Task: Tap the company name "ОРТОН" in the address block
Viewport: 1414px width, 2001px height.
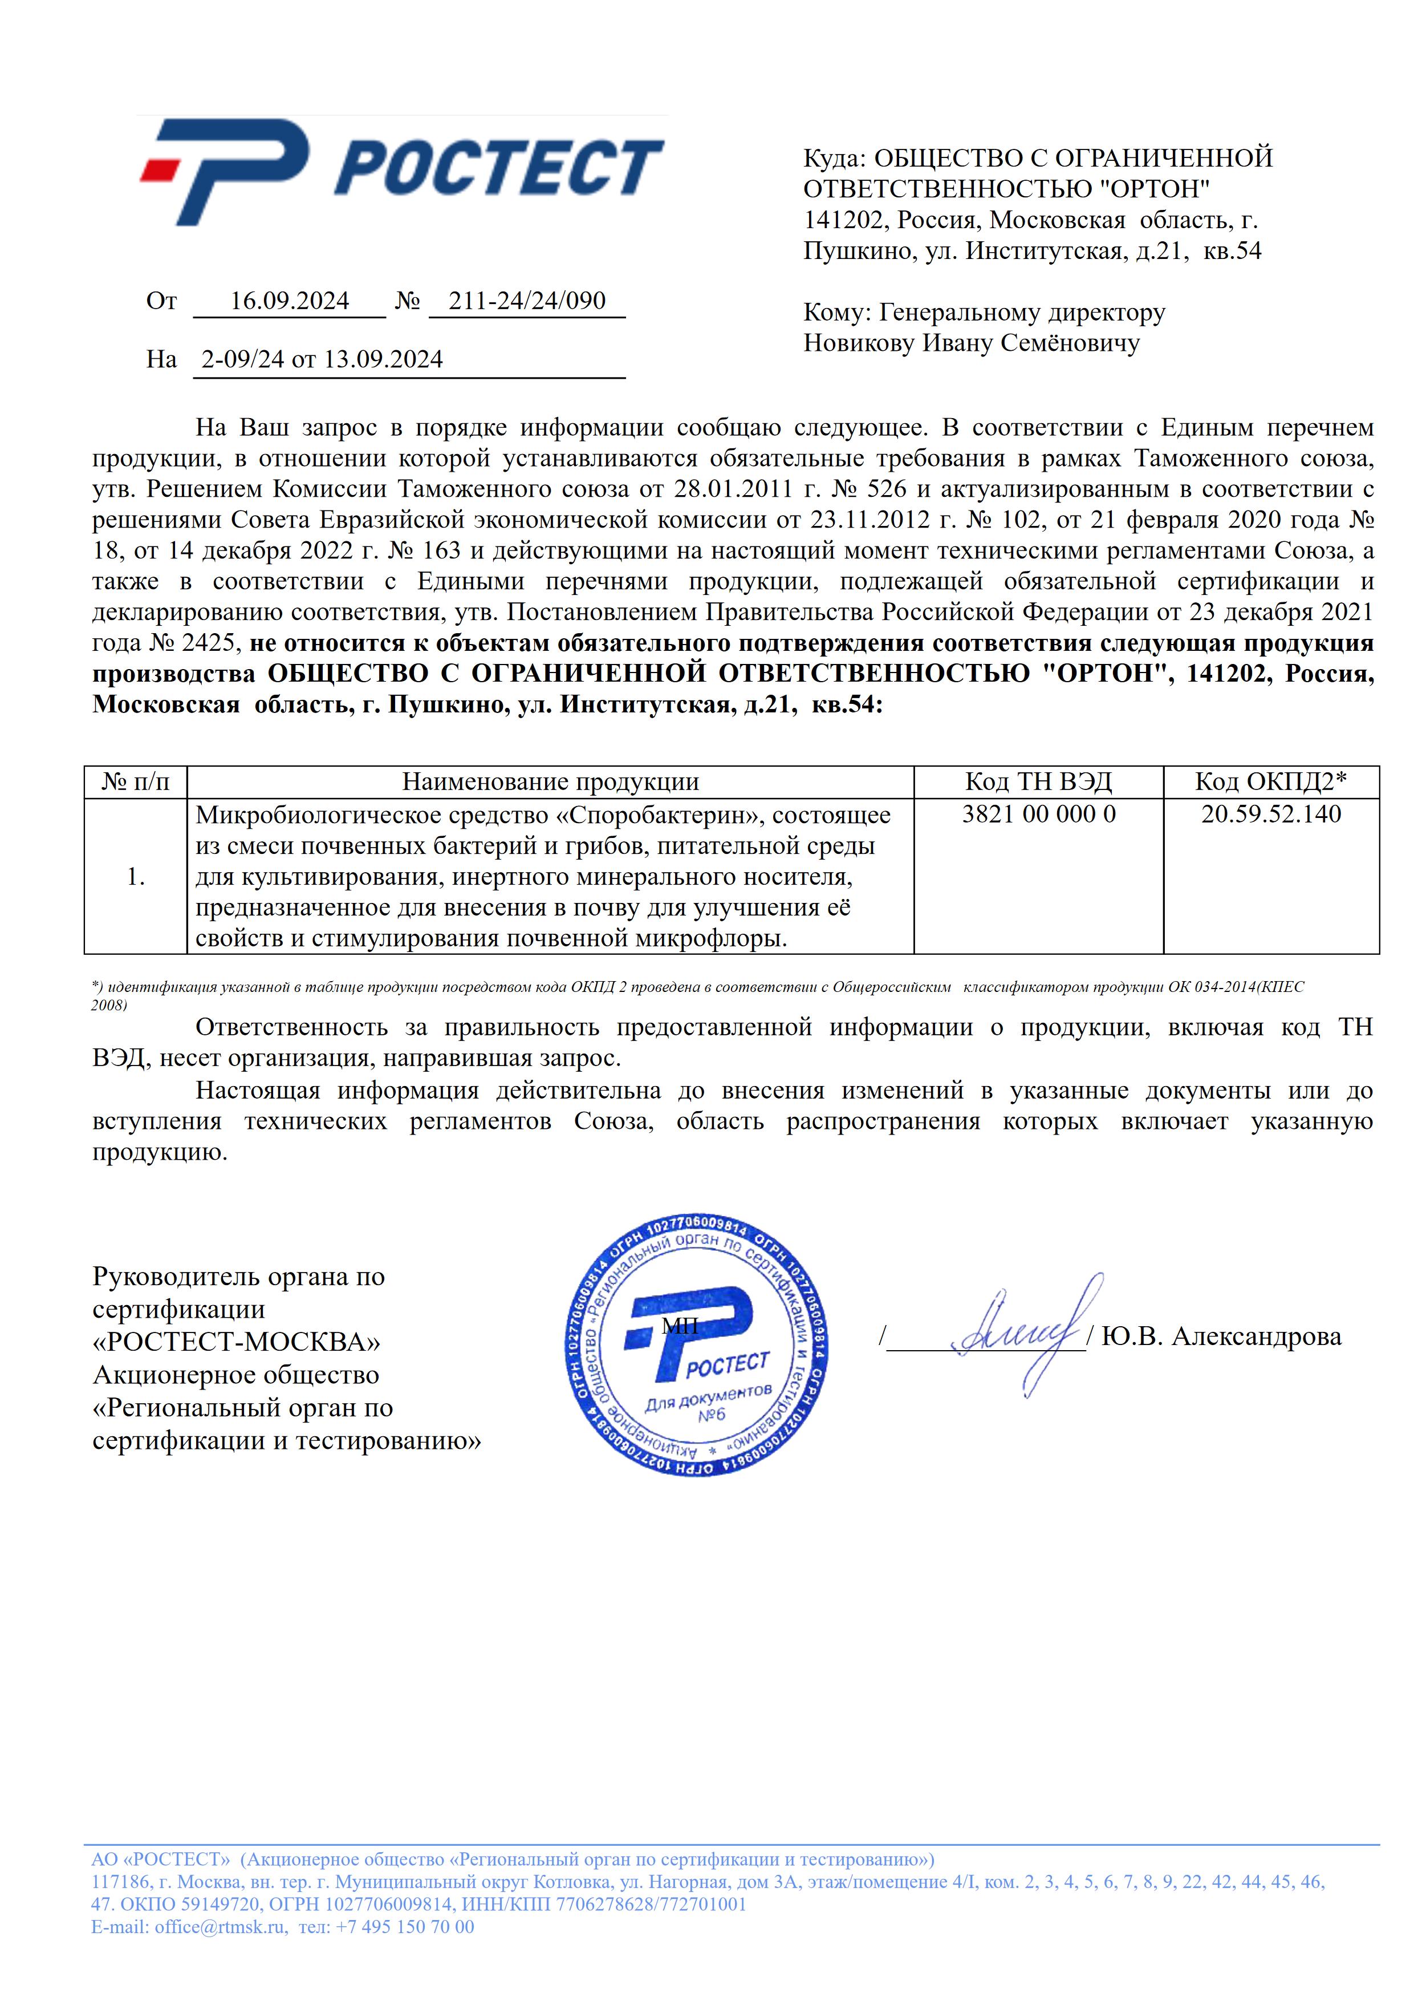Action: (x=1153, y=189)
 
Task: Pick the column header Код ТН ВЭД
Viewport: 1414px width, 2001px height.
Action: (x=1038, y=782)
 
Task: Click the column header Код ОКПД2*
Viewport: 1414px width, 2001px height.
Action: (x=1270, y=782)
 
